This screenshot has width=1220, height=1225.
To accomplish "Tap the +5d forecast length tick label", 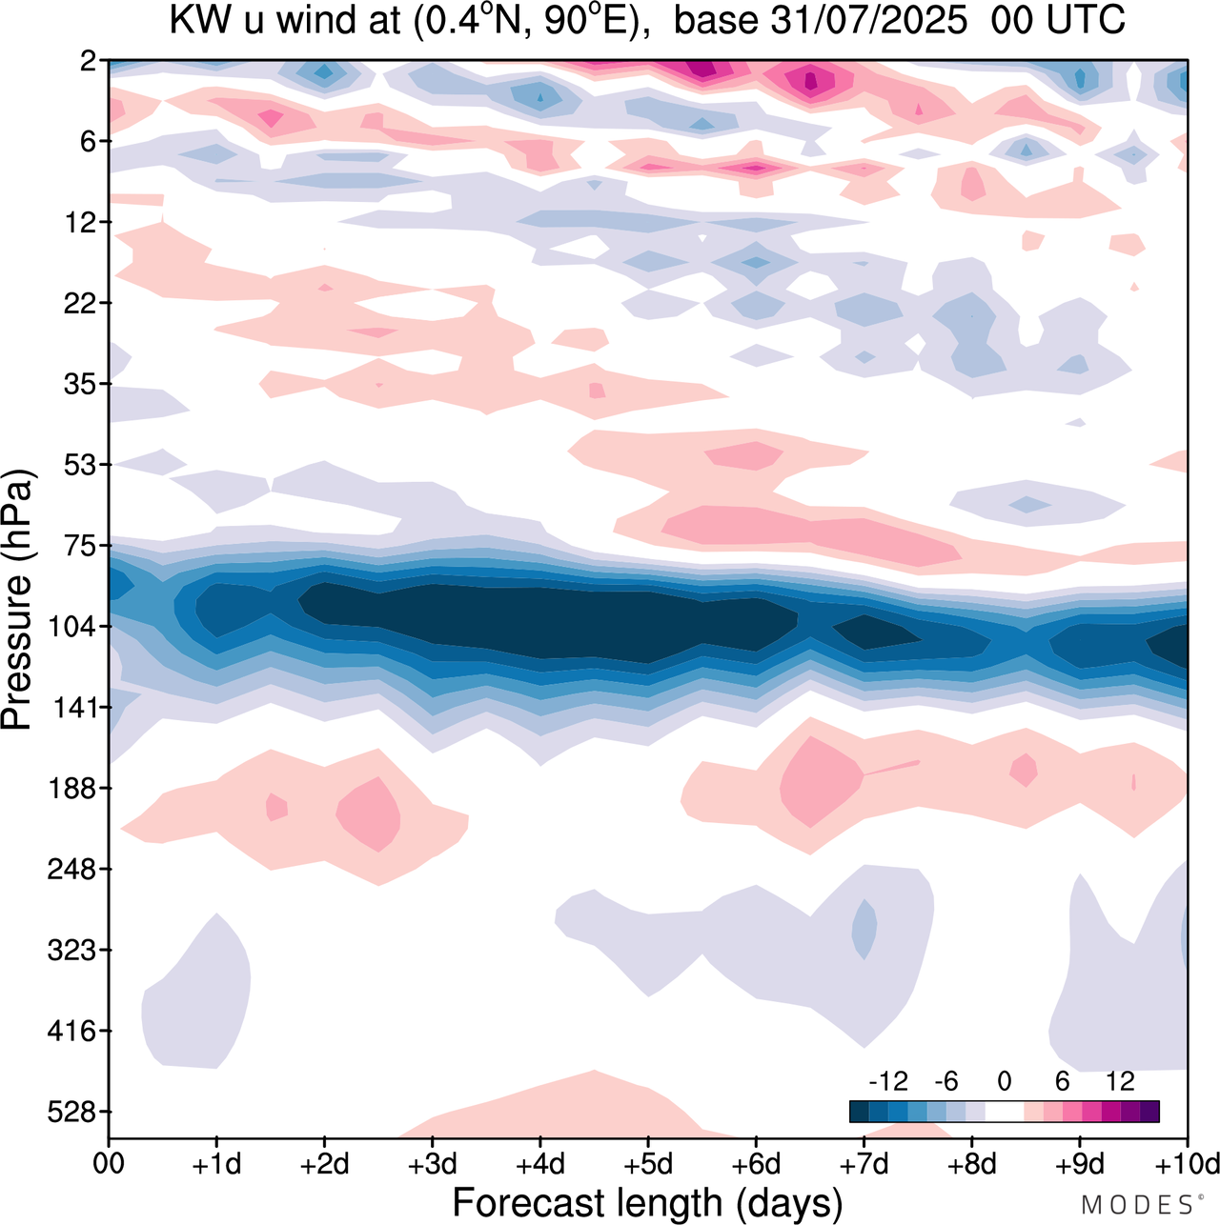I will coord(647,1164).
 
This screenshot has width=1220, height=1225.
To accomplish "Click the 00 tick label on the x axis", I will coord(109,1164).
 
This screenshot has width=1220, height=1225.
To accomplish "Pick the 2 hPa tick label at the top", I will coord(89,61).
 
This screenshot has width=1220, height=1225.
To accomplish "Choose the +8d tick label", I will coord(972,1164).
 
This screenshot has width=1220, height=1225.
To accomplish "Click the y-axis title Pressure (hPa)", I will coord(17,600).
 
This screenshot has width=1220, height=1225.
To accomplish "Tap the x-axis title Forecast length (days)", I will coord(647,1203).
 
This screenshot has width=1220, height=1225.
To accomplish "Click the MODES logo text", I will coord(1137,1205).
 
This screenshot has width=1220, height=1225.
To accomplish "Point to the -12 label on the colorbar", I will coord(888,1081).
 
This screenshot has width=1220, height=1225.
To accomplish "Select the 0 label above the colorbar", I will coord(1005,1081).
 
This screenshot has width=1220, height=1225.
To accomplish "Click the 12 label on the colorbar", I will coord(1120,1081).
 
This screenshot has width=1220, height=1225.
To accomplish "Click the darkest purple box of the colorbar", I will coord(1149,1112).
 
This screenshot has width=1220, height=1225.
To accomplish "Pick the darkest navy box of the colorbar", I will coord(859,1112).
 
